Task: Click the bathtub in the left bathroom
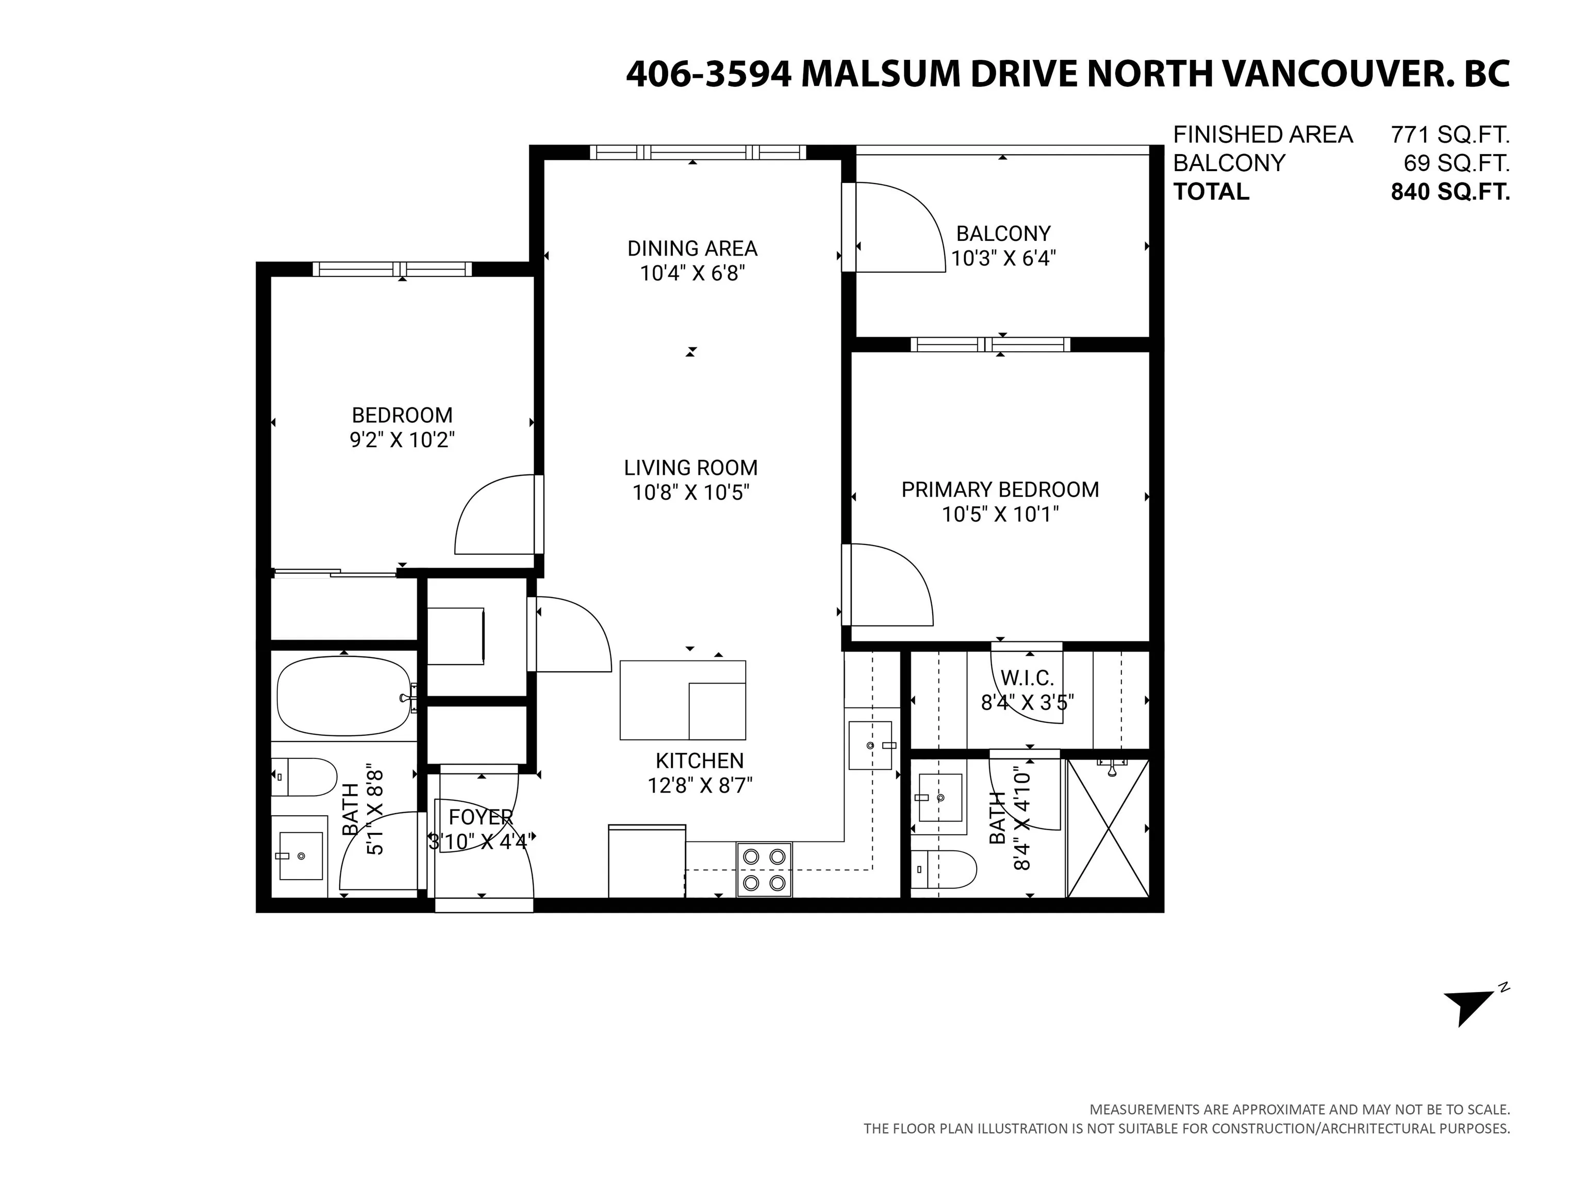(344, 697)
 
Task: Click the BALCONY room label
(1003, 234)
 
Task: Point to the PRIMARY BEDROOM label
(1000, 490)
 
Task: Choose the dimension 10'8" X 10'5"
(691, 492)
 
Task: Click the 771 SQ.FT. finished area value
(1450, 135)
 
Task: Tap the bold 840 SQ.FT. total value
(1450, 192)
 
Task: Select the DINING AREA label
(692, 249)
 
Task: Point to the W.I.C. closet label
(1027, 678)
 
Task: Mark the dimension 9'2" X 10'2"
(402, 440)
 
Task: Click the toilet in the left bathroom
(304, 777)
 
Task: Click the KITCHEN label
(700, 761)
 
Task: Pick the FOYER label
(481, 817)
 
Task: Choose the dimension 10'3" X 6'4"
(1003, 258)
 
